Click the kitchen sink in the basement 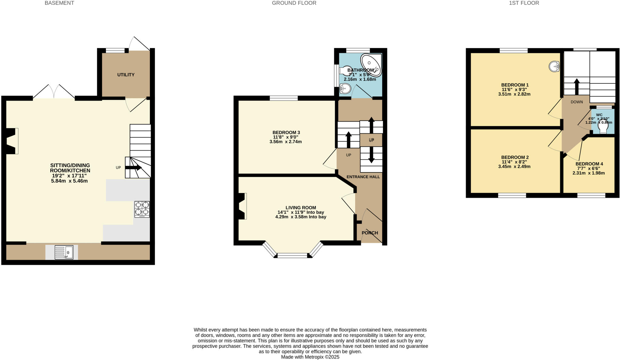(x=64, y=252)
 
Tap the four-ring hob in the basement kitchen (x=142, y=209)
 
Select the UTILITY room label (x=126, y=75)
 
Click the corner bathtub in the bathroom (x=371, y=65)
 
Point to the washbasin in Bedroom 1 (x=554, y=67)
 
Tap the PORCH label (x=370, y=233)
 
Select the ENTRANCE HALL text (x=363, y=177)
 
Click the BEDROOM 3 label (x=286, y=133)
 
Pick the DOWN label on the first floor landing (x=577, y=102)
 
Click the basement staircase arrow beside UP (x=133, y=168)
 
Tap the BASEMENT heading (x=59, y=3)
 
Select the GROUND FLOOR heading (x=294, y=3)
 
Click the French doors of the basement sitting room (x=54, y=92)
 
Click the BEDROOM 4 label (x=589, y=164)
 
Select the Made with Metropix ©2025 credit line (x=310, y=357)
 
